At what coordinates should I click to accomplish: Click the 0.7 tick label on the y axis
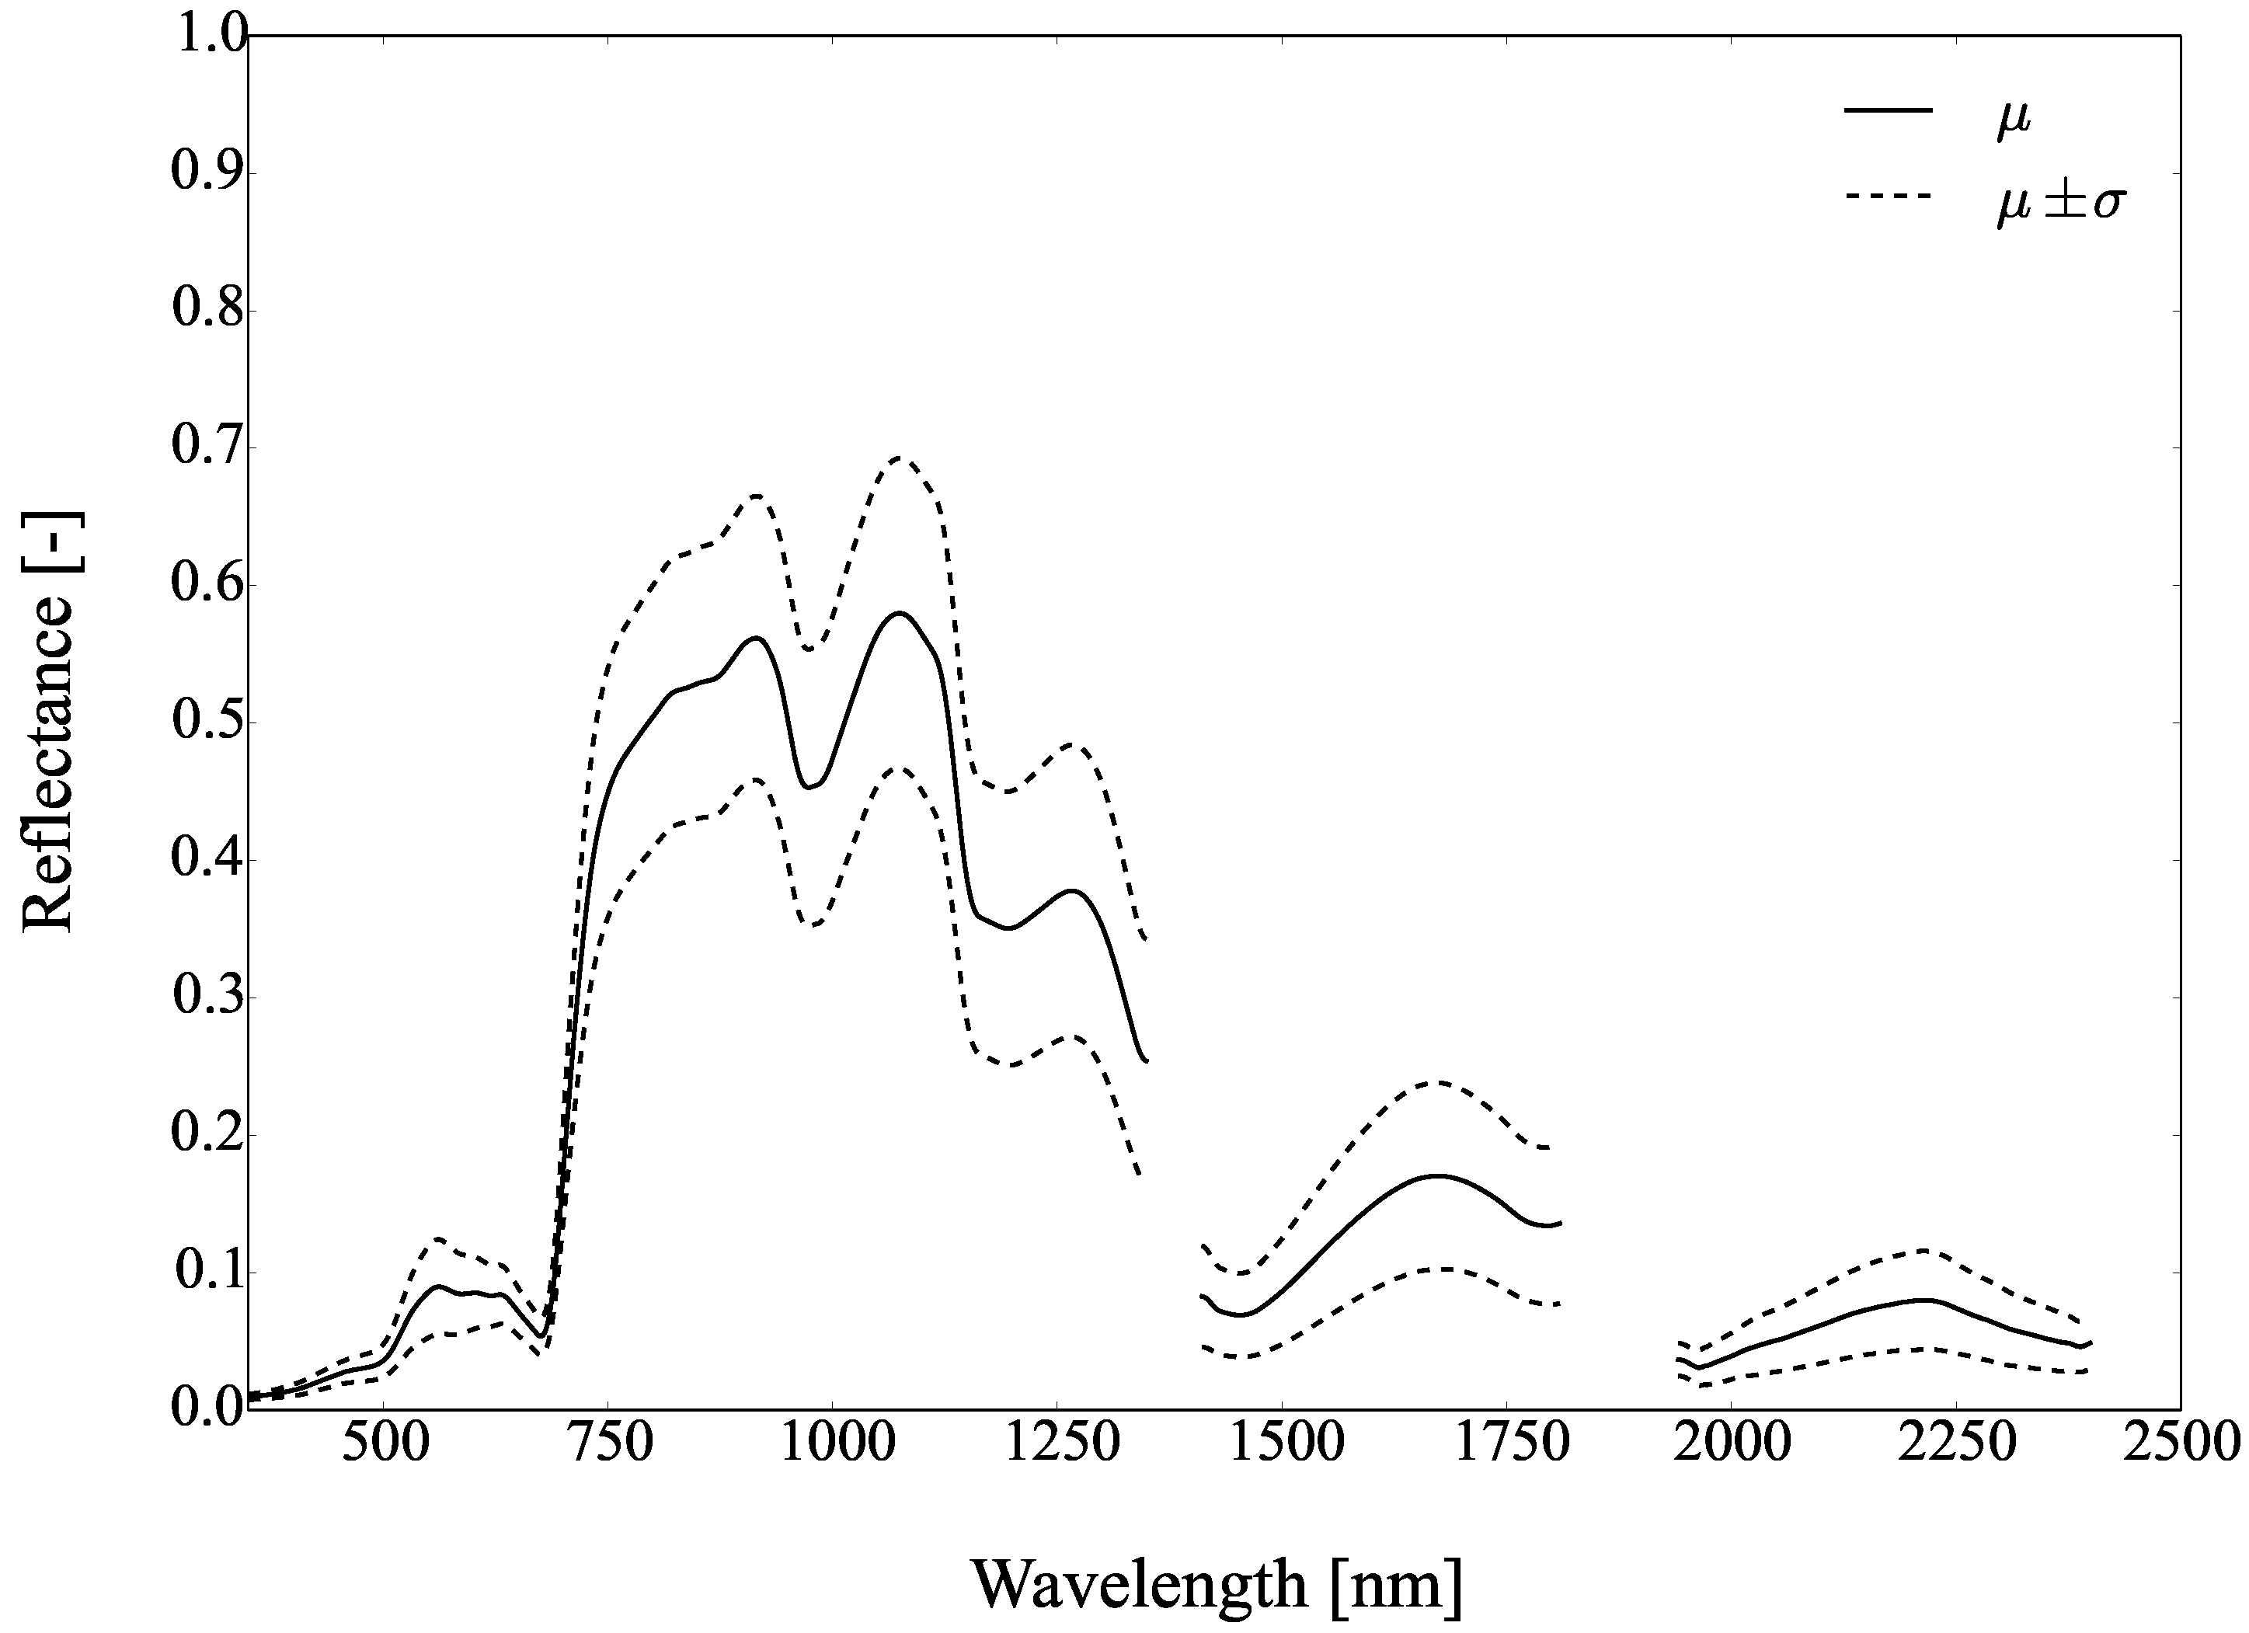tap(207, 447)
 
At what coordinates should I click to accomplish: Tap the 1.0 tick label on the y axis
tap(207, 36)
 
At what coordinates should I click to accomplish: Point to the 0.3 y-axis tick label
tap(207, 998)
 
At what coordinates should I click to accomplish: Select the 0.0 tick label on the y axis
tap(207, 1409)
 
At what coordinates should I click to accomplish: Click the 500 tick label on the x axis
tap(384, 1445)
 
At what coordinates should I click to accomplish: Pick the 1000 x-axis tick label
tap(832, 1445)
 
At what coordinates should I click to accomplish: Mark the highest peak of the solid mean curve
tap(900, 613)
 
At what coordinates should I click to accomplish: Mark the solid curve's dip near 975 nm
tap(808, 787)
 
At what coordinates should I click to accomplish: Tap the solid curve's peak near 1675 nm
tap(1438, 1176)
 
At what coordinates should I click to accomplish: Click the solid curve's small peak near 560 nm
tap(437, 1286)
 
